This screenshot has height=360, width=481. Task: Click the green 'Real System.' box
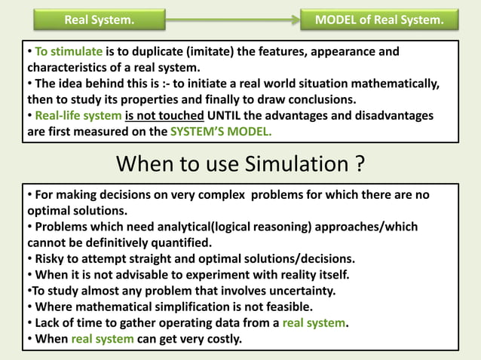100,20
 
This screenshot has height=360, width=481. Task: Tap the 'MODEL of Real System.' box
379,20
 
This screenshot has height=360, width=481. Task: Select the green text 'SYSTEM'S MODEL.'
222,131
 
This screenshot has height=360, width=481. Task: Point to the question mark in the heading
363,164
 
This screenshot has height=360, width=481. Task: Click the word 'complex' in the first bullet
221,195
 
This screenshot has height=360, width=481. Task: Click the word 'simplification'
207,307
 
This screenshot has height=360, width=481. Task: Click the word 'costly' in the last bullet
222,338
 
